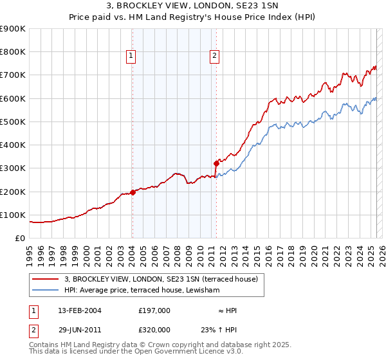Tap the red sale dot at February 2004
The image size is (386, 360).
coord(133,192)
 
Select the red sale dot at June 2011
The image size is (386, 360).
coord(217,163)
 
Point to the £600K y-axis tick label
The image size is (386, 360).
coord(13,98)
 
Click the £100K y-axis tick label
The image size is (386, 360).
coord(13,215)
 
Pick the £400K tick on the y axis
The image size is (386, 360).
coord(13,145)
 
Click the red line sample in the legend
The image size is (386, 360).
coord(45,279)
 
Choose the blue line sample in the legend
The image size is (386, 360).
coord(45,291)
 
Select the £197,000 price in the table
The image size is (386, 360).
coord(154,310)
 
